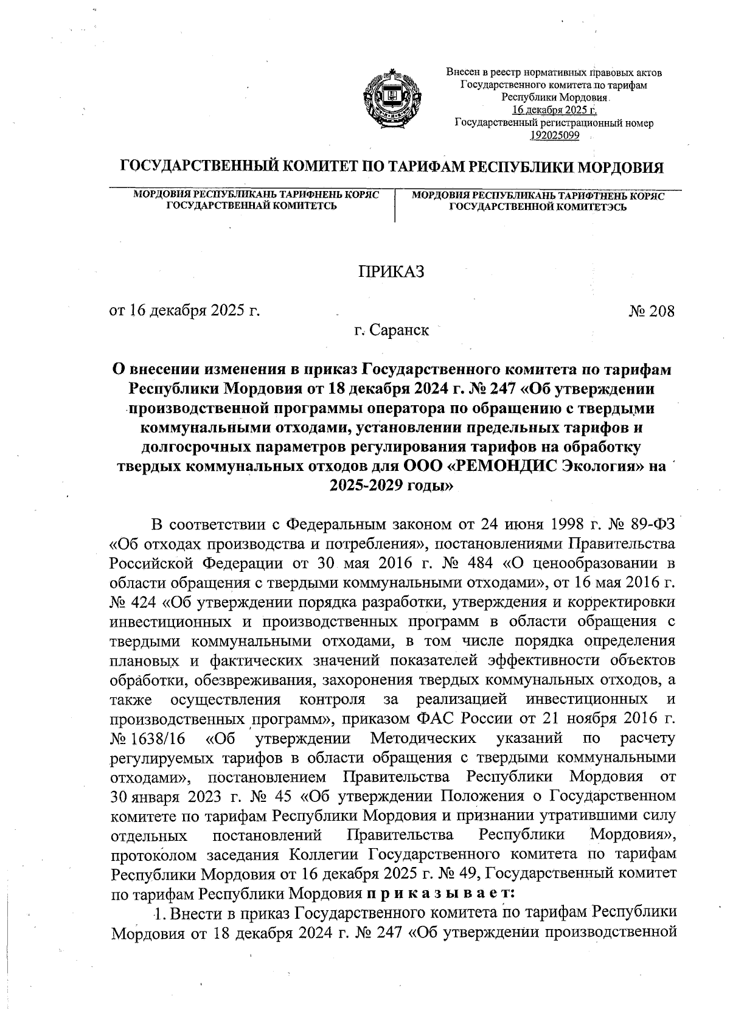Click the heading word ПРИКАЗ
[389, 271]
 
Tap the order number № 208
[652, 312]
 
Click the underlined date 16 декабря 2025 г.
[554, 110]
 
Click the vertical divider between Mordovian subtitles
[395, 206]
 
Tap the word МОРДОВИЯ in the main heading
[618, 167]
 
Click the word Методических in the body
[423, 739]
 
